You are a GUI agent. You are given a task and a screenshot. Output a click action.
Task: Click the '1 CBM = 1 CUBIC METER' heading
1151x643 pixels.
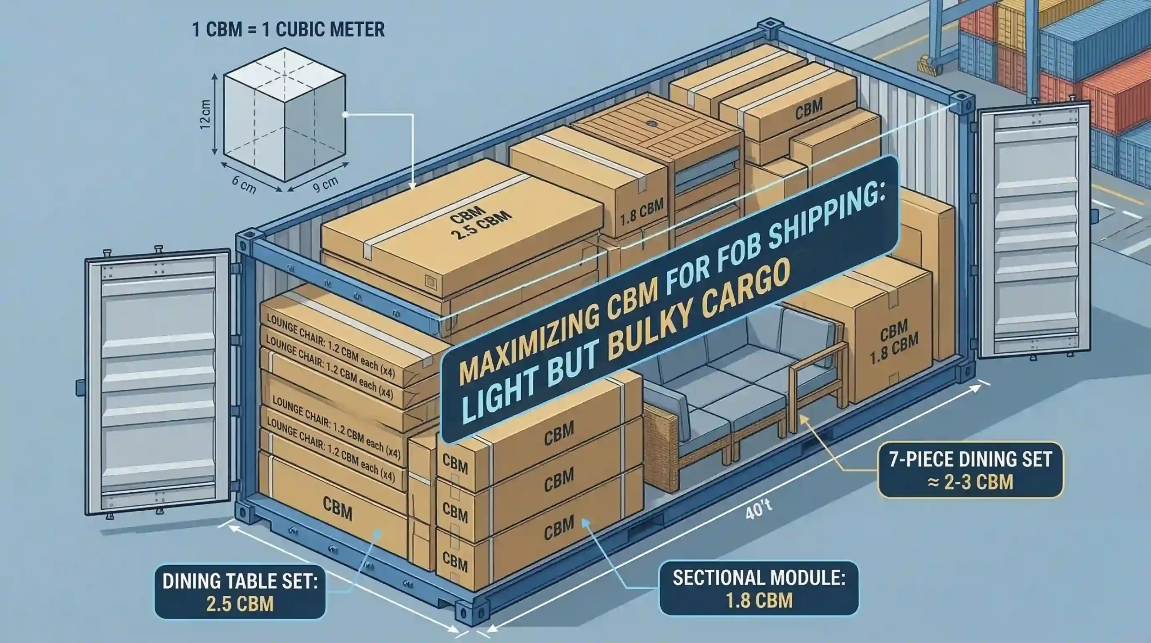pyautogui.click(x=288, y=30)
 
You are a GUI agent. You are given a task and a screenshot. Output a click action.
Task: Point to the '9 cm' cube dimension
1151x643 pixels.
pyautogui.click(x=325, y=184)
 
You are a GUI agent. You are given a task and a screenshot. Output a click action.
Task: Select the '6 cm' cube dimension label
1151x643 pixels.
pyautogui.click(x=244, y=184)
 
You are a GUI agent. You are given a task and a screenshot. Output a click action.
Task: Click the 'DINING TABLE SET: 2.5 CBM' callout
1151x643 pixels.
pyautogui.click(x=240, y=591)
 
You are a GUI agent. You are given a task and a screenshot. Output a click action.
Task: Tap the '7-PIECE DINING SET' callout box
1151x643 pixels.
pyautogui.click(x=970, y=470)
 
